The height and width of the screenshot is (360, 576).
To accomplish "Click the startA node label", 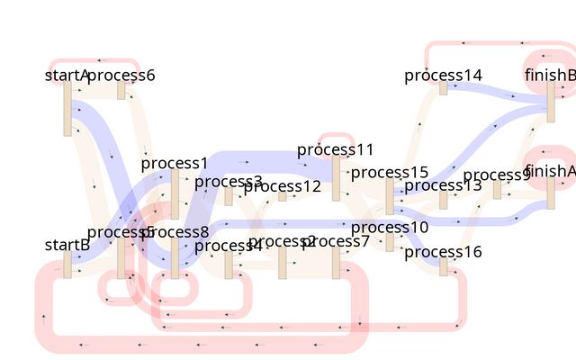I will [67, 75].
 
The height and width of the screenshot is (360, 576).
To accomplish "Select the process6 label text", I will [123, 75].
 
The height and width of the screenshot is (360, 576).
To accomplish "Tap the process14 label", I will [443, 75].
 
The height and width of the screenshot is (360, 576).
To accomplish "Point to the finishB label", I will [550, 75].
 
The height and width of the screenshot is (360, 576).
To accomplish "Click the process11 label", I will [335, 149].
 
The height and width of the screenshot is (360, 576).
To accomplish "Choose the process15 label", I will [390, 172].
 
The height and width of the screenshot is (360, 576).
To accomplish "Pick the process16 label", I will [443, 252].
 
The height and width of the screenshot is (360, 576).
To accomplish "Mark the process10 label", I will [390, 228].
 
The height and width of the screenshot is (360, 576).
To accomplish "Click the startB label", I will [67, 244].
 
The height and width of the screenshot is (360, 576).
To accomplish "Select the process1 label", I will [175, 163].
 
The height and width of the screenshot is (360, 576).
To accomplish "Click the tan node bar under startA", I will [67, 109].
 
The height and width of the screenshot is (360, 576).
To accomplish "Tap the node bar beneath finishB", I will [551, 102].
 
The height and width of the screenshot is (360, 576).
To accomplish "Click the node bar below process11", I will [336, 179].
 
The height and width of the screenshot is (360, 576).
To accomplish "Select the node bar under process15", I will [390, 196].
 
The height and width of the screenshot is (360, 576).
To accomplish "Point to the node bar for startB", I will [67, 265].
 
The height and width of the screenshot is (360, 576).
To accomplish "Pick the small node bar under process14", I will [443, 88].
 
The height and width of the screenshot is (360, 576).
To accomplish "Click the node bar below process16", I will [443, 267].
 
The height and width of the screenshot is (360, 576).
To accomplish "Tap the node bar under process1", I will [175, 194].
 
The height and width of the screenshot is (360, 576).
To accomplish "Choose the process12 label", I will [282, 186].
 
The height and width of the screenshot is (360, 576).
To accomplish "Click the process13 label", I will [443, 185].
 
